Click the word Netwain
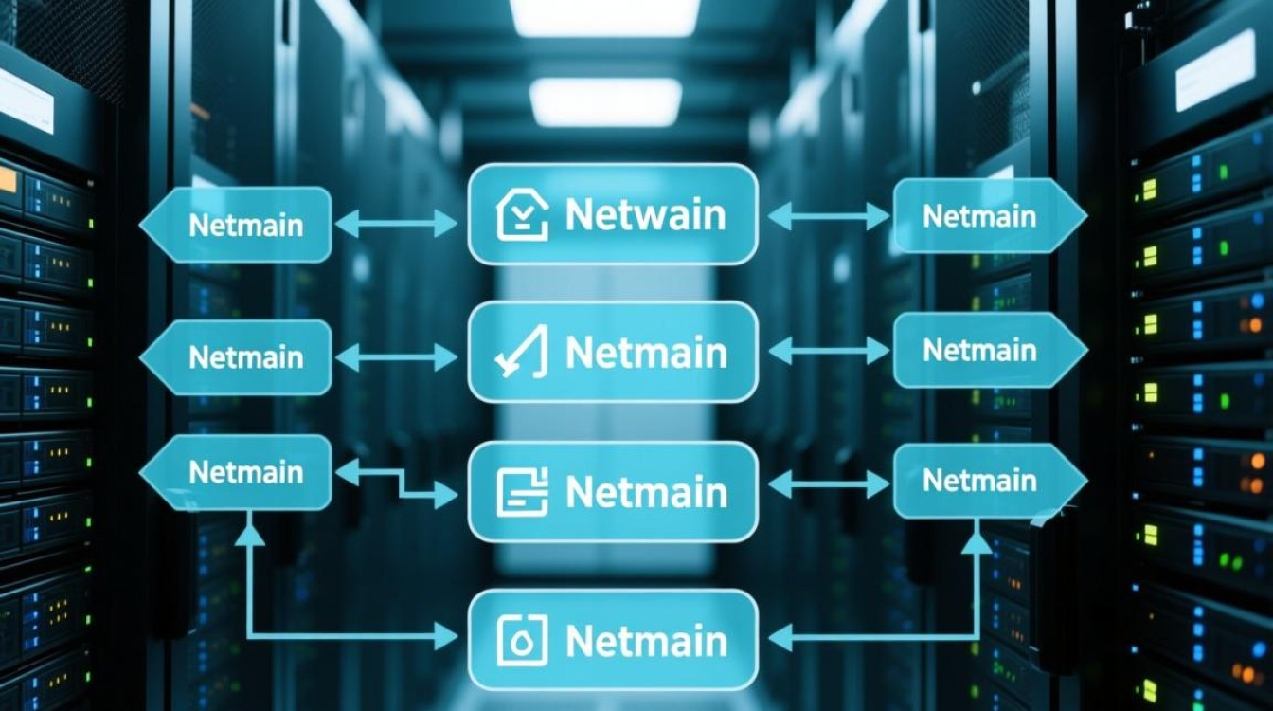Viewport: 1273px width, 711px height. [x=645, y=215]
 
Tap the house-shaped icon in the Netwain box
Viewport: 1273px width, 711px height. [x=522, y=216]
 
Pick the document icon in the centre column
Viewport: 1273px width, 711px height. [x=522, y=492]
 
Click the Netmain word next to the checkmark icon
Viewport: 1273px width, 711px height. [x=645, y=353]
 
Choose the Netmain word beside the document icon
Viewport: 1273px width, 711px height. [x=645, y=492]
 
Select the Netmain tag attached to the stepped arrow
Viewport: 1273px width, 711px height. [x=244, y=472]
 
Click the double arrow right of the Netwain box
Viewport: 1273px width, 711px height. [x=829, y=216]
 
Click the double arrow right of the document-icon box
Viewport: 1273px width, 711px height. [x=829, y=484]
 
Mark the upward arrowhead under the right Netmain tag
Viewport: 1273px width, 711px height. [x=977, y=541]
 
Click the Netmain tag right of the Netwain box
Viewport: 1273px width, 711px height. [x=979, y=216]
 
